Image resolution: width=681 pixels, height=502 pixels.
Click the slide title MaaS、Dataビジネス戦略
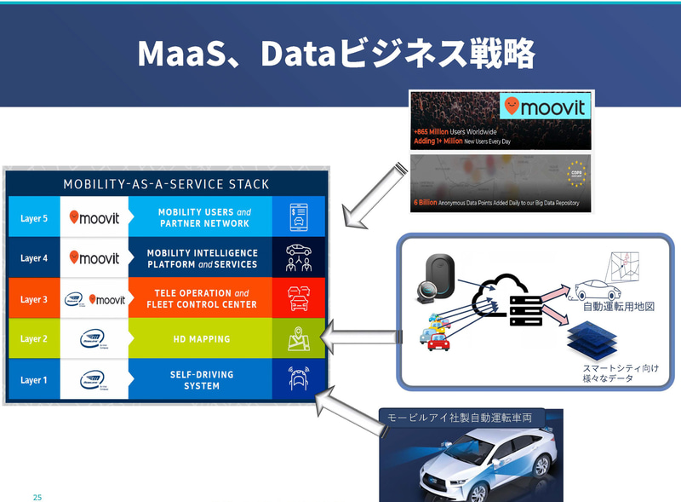point(336,54)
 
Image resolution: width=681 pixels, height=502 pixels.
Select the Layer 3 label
point(34,299)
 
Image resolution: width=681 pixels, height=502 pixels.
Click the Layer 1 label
point(34,380)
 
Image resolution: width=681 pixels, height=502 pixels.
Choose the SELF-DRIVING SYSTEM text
point(200,380)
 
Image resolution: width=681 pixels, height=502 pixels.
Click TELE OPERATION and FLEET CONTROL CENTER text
point(201,299)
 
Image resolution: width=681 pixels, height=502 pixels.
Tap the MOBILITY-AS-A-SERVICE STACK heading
point(166,184)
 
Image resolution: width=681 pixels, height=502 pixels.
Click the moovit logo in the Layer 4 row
point(94,257)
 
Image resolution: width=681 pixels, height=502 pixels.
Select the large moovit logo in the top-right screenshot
point(545,107)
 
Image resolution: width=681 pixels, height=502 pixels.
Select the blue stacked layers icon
point(596,338)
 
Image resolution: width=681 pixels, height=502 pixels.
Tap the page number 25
point(37,495)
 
